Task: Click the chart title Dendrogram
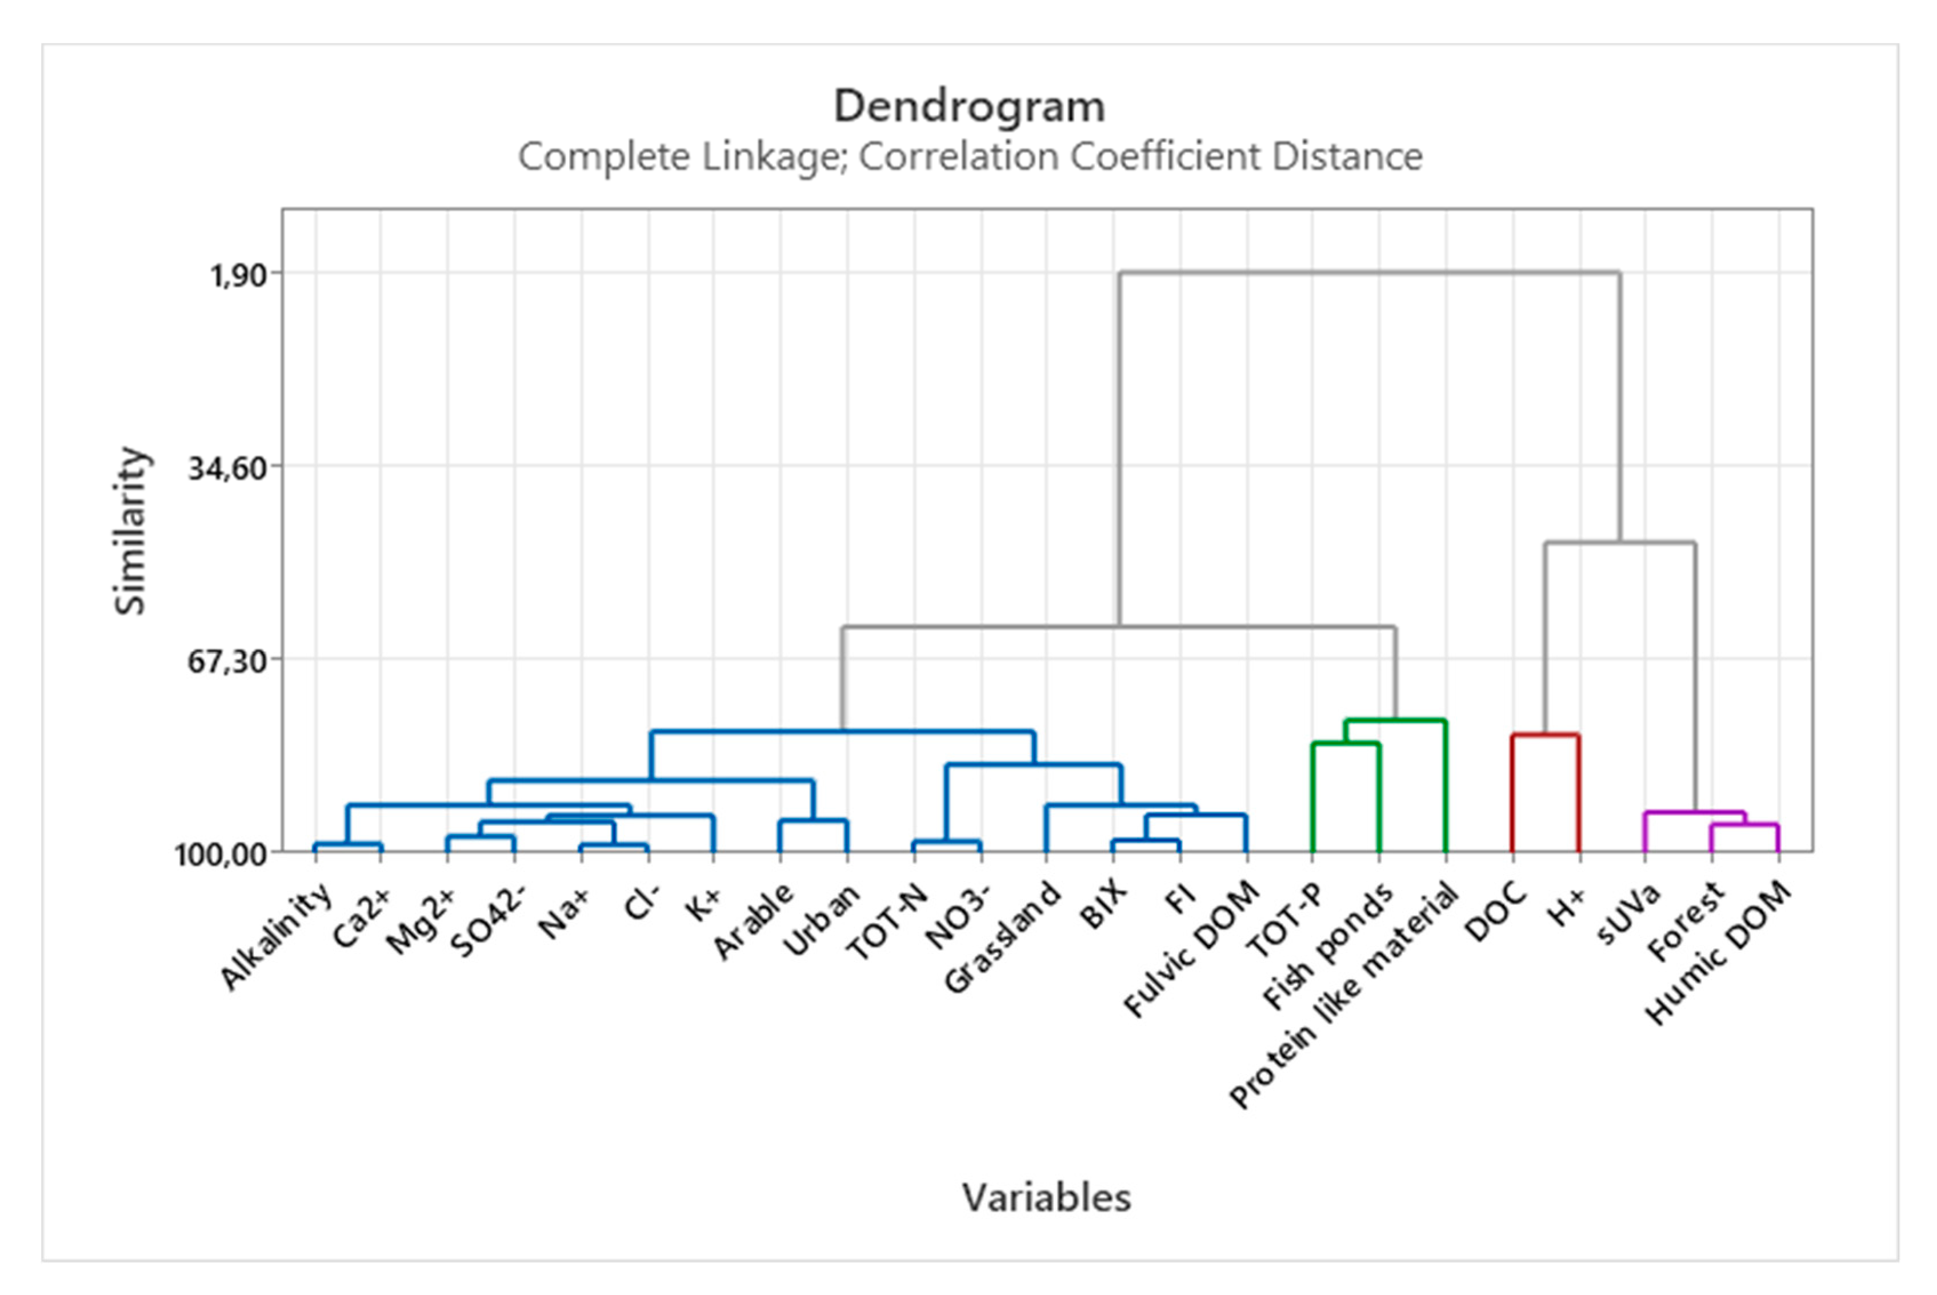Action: pos(968,107)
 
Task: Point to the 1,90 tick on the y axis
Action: pos(239,274)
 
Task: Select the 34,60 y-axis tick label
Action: pos(227,467)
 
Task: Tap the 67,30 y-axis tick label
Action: pos(227,661)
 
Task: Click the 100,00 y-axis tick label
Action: pos(221,854)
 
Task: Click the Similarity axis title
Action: pos(130,531)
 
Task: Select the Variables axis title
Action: pos(1046,1197)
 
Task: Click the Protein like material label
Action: pos(1344,995)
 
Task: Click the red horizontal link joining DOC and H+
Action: pos(1546,734)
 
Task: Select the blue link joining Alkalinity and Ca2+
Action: pos(348,844)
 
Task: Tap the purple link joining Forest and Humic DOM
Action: pos(1744,824)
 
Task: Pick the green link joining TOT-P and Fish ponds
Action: pos(1346,743)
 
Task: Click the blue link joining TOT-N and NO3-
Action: pos(947,841)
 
